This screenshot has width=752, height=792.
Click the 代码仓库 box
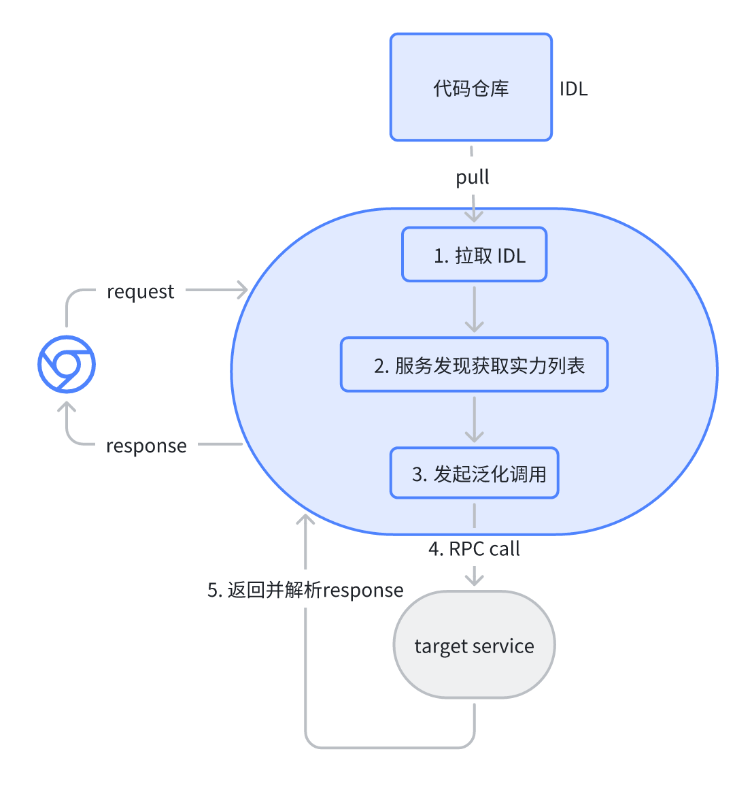pos(471,87)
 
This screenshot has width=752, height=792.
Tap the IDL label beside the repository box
pos(573,89)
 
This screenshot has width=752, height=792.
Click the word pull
pos(472,178)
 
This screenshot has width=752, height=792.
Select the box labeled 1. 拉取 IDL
pos(474,255)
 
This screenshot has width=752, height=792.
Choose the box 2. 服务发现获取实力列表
pos(474,365)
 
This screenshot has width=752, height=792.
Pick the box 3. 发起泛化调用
pos(474,474)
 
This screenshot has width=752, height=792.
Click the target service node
pos(474,645)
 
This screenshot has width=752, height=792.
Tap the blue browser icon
pos(67,365)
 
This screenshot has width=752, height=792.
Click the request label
pos(140,291)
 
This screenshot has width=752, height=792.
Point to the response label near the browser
pos(146,446)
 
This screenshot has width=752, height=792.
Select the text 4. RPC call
pos(474,549)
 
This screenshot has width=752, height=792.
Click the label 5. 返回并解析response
pos(305,590)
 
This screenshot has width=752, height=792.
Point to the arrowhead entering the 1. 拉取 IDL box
pos(474,217)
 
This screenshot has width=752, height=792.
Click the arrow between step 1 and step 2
pos(474,310)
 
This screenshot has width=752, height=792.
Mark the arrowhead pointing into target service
pos(474,580)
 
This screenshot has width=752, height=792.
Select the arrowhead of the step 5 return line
pos(305,520)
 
